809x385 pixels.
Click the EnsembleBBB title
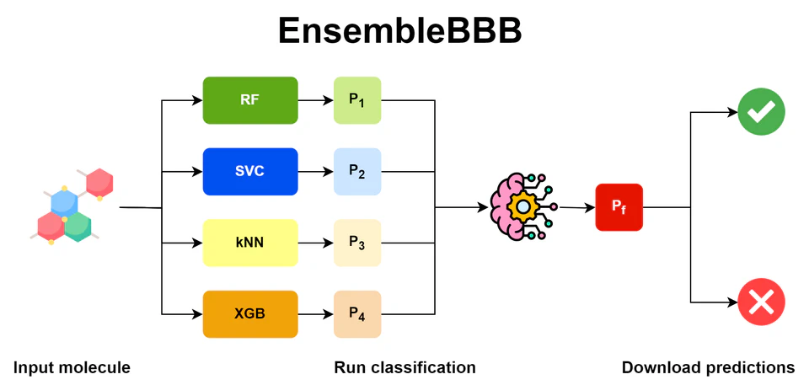[400, 32]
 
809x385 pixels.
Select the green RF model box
[250, 100]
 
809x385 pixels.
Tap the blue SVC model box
[250, 172]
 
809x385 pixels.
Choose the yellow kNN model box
[250, 243]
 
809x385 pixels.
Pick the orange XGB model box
[250, 314]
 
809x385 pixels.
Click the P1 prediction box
[357, 100]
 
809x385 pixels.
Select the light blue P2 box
[357, 172]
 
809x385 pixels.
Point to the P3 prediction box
[357, 243]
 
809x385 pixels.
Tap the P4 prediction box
[357, 314]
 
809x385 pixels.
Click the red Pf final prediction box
[619, 207]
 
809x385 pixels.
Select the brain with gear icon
[522, 206]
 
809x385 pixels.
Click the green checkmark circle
[761, 112]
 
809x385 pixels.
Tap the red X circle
[761, 302]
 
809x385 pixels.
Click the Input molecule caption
[72, 367]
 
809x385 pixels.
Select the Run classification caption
[404, 367]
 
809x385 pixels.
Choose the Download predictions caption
[708, 367]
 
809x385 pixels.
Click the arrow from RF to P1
[315, 100]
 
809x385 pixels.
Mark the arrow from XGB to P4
[315, 314]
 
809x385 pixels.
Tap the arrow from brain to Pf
[576, 207]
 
